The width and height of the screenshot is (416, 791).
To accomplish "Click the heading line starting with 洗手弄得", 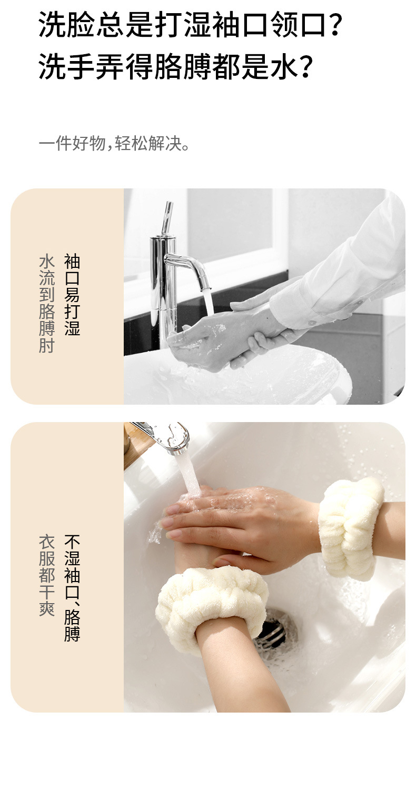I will tap(176, 67).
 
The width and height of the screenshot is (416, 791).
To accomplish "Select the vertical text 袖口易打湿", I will tap(72, 295).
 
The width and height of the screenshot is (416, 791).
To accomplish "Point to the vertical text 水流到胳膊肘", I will tap(47, 304).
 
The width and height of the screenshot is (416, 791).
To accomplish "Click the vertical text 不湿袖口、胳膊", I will tap(72, 588).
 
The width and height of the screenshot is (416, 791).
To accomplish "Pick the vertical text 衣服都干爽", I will tap(47, 576).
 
